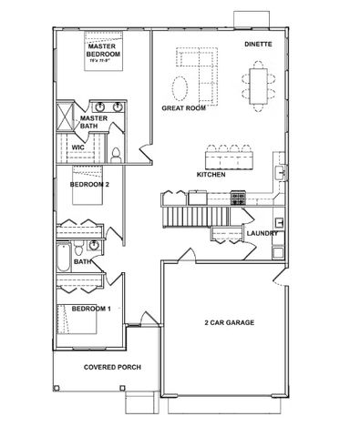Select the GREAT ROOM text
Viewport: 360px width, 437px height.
(x=183, y=107)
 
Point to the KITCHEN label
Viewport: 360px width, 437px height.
(x=211, y=173)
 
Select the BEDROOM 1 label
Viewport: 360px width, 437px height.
(x=91, y=310)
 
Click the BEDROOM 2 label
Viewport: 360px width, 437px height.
(x=89, y=184)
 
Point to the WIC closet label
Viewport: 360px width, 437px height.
(x=78, y=145)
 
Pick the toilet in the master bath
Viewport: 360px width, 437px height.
(x=118, y=152)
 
